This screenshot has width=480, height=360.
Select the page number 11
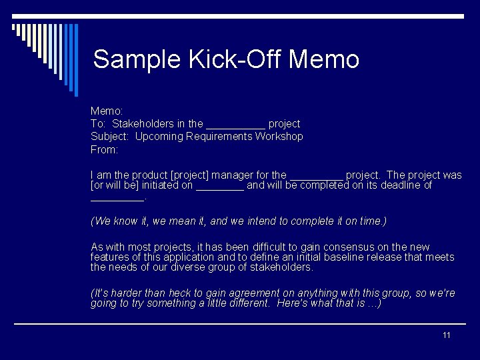pyautogui.click(x=447, y=335)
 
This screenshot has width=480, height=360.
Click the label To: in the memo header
pyautogui.click(x=99, y=124)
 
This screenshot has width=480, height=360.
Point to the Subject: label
pyautogui.click(x=111, y=137)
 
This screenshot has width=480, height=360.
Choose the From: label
pyautogui.click(x=104, y=149)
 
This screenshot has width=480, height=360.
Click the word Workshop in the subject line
pyautogui.click(x=279, y=137)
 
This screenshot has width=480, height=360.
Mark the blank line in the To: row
pyautogui.click(x=236, y=127)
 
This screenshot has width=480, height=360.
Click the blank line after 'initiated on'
pyautogui.click(x=220, y=188)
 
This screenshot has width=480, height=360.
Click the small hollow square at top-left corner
pyautogui.click(x=14, y=27)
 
